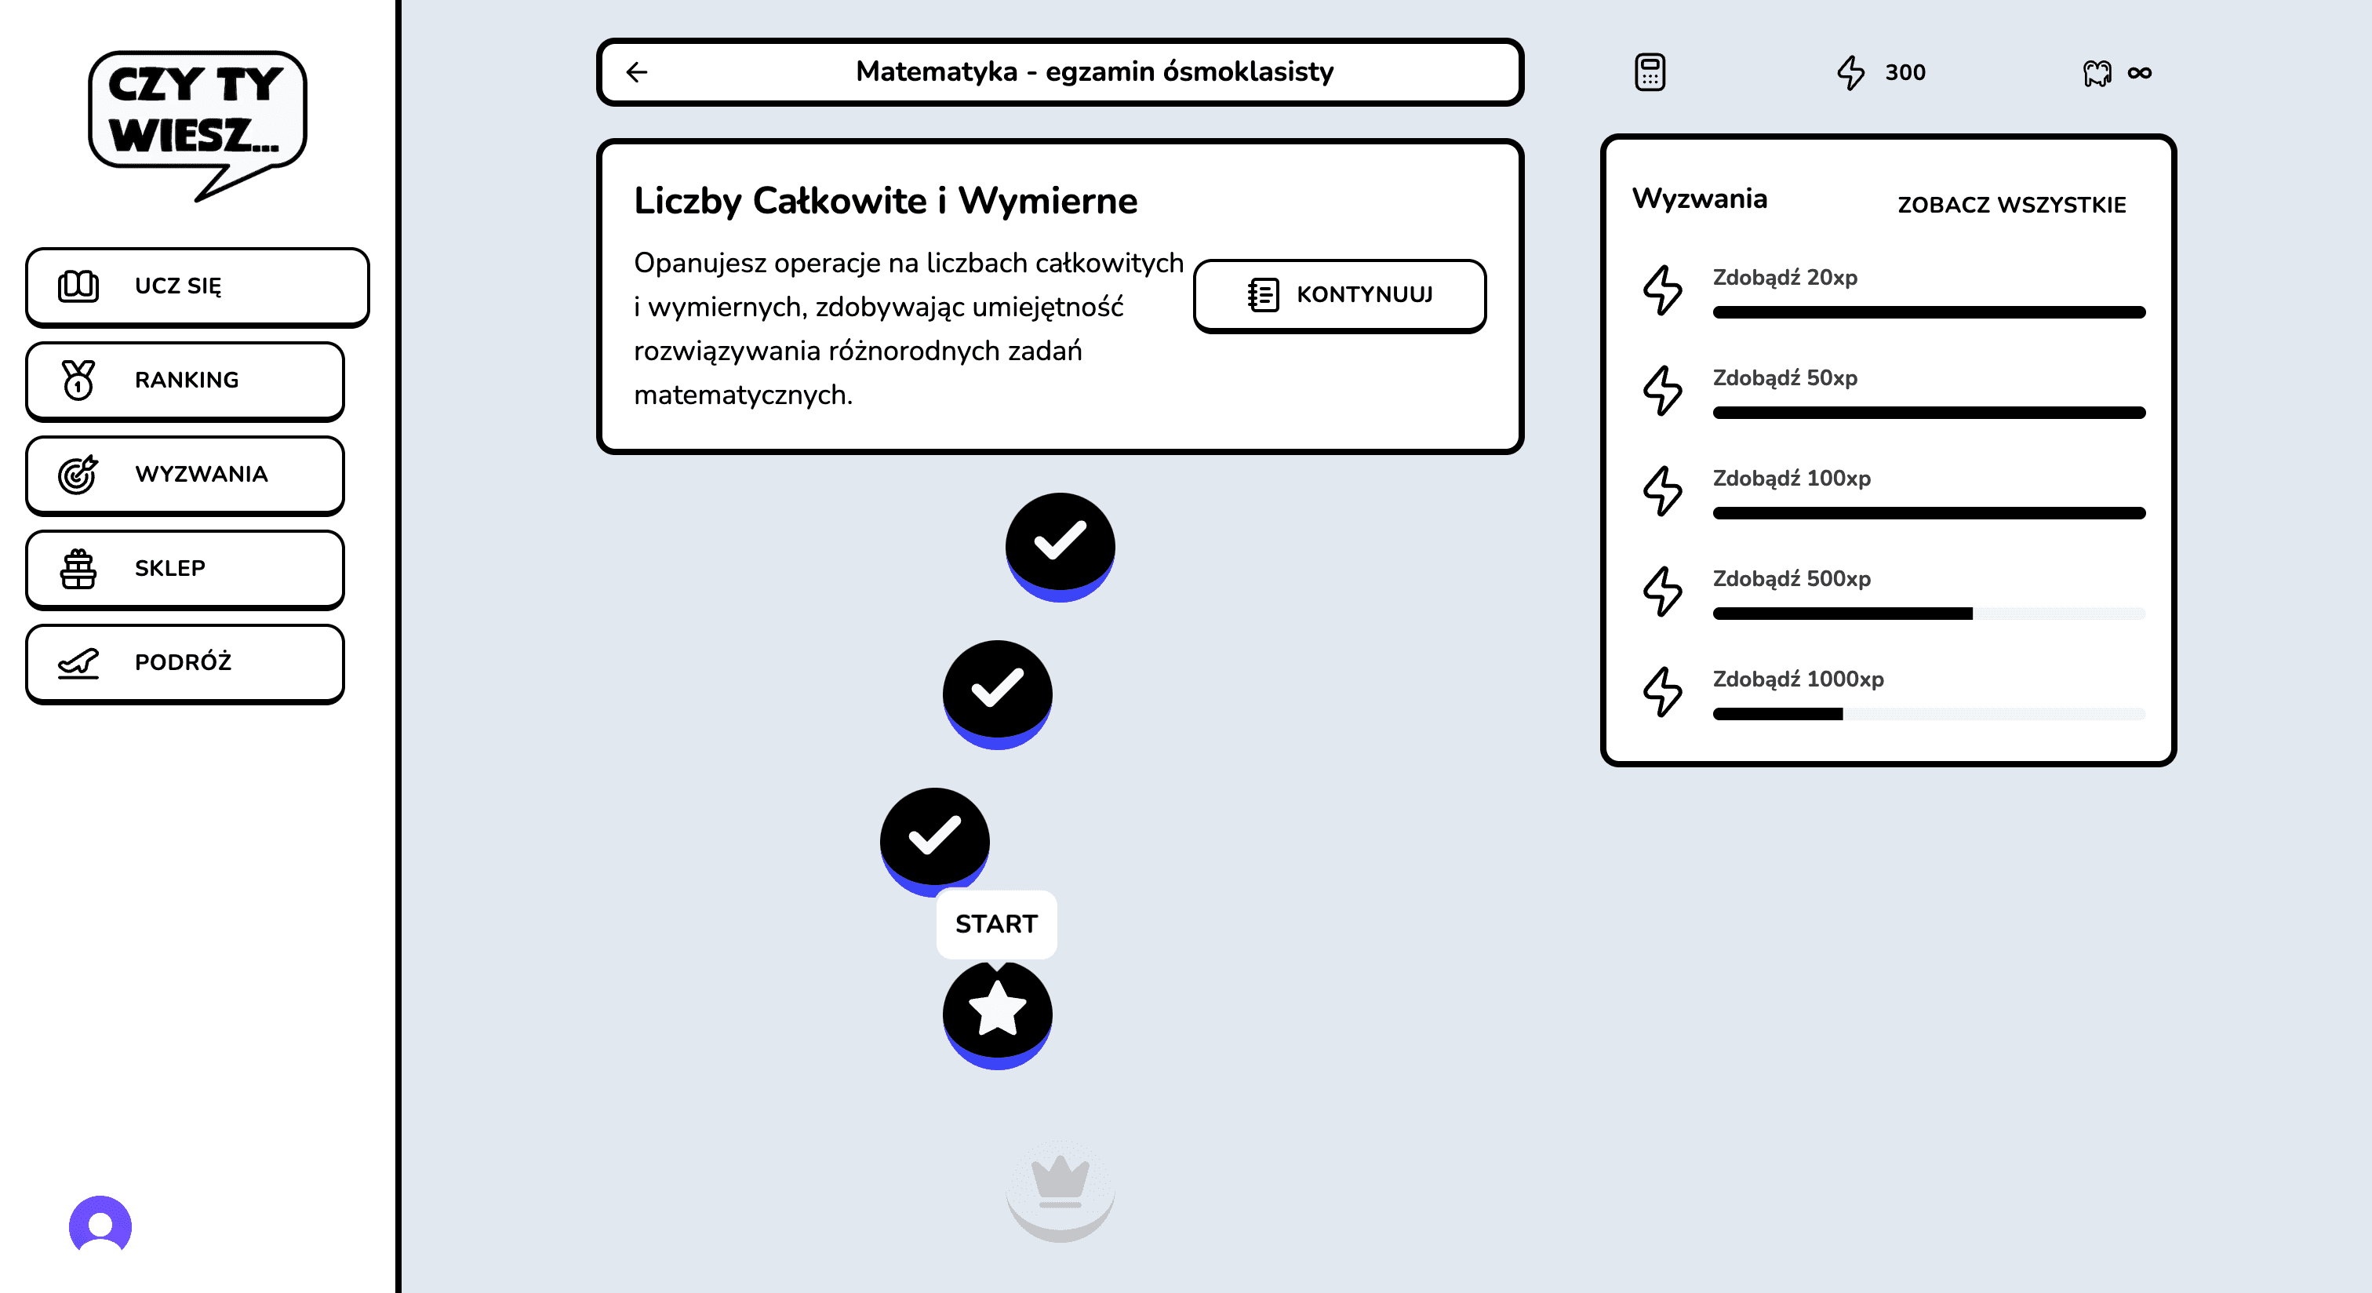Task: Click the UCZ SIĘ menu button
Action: (x=197, y=286)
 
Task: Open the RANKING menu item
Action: (x=185, y=381)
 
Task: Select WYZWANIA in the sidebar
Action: (x=185, y=475)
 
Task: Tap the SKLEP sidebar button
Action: (x=185, y=568)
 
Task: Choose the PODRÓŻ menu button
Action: (x=185, y=662)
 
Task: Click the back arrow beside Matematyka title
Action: (x=637, y=72)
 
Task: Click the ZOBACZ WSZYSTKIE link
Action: (x=2011, y=205)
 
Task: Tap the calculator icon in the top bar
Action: (x=1649, y=72)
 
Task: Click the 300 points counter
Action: (x=1905, y=73)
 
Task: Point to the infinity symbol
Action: (x=2139, y=73)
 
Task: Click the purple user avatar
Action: (x=100, y=1225)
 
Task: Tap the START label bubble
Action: (x=996, y=923)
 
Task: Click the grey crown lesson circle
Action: (x=1060, y=1188)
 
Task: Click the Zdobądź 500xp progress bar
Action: (x=1928, y=614)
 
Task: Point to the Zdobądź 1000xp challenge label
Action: (x=1797, y=679)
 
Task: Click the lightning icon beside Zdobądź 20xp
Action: (x=1663, y=290)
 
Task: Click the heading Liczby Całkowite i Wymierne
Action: (x=885, y=201)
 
